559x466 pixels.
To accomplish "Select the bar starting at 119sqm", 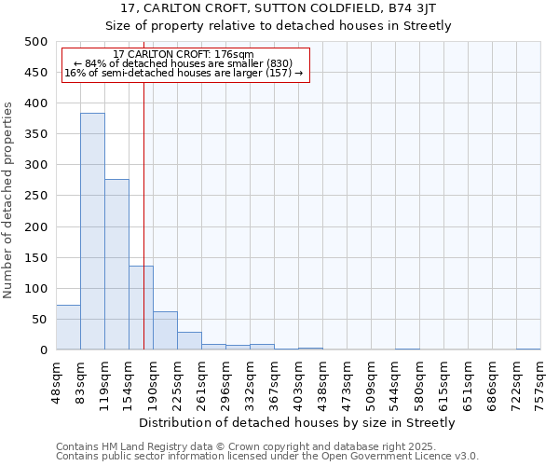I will click(116, 265).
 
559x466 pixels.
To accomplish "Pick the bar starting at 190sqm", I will click(165, 331).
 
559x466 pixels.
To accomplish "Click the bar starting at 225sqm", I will click(189, 341).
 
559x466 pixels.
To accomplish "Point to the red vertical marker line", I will click(143, 214).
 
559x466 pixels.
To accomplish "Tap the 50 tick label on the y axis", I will click(40, 320).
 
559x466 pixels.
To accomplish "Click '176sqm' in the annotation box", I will click(235, 54).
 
